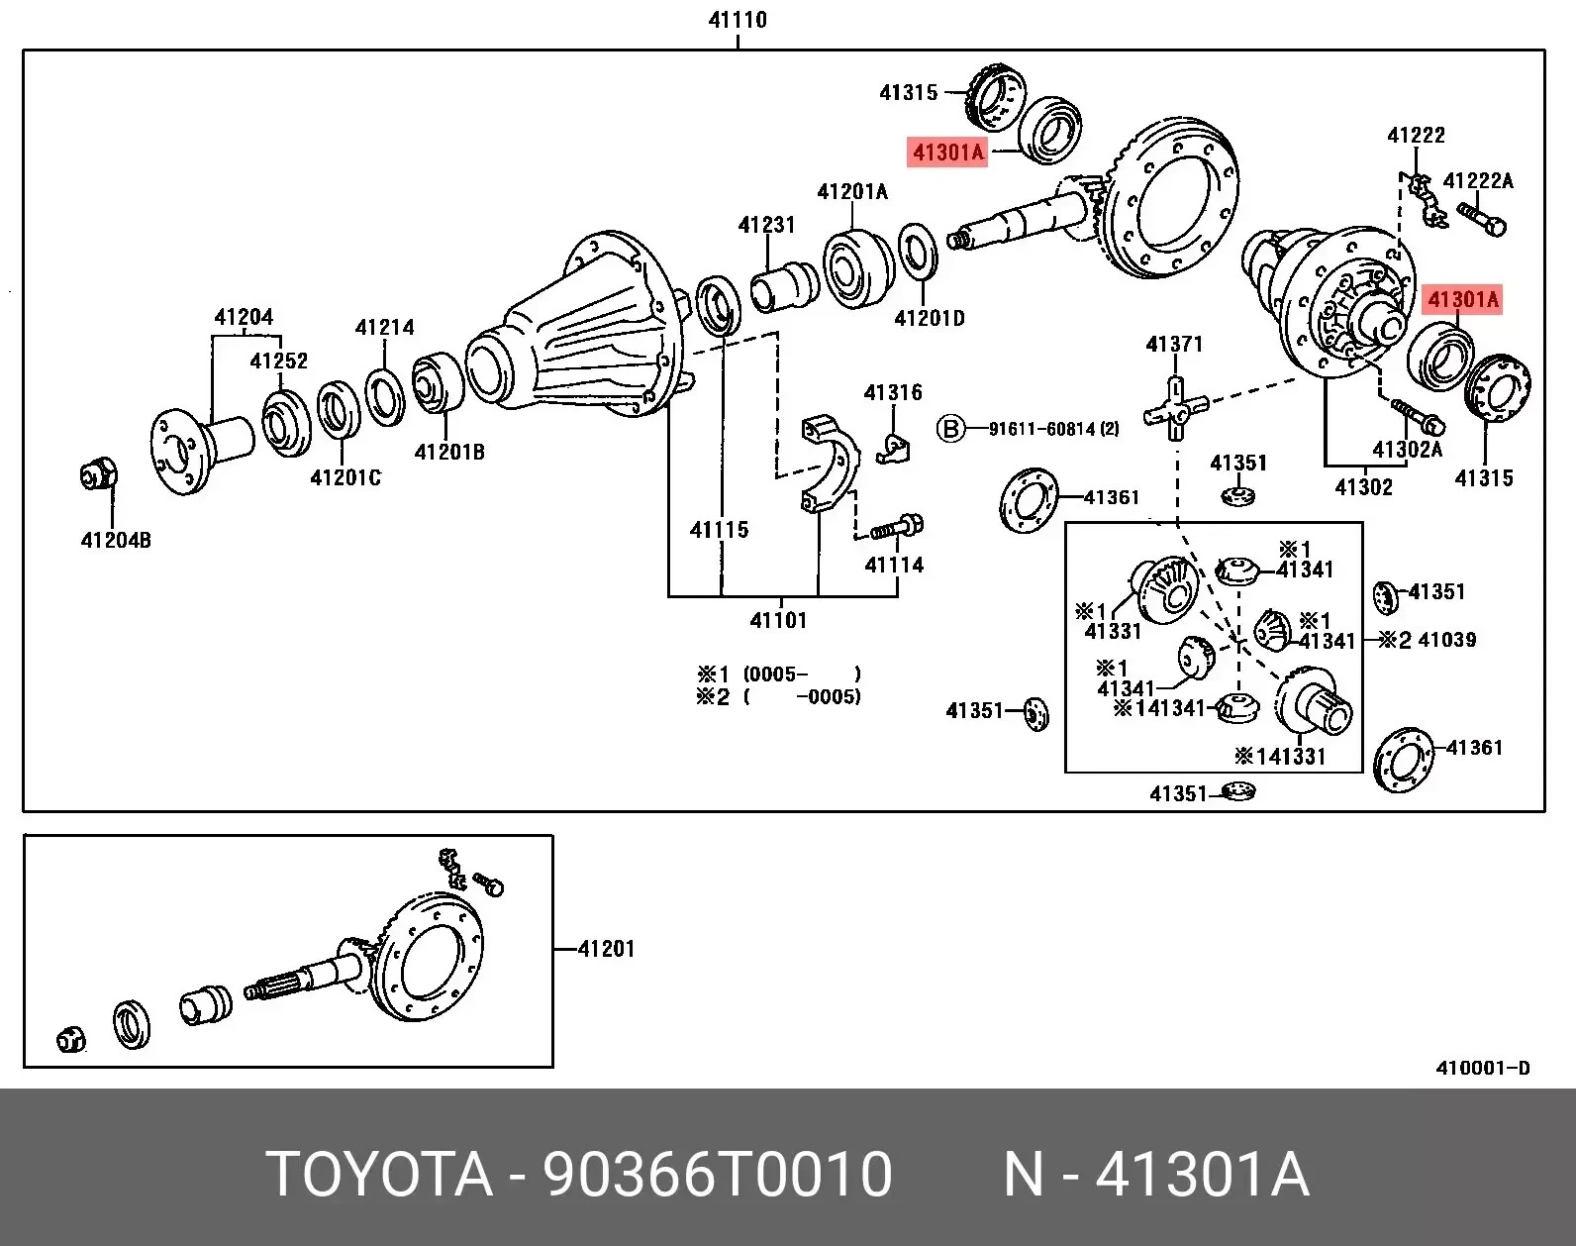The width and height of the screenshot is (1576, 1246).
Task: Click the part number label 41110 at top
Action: pos(738,20)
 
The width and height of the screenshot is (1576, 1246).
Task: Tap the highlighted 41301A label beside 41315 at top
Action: pos(948,153)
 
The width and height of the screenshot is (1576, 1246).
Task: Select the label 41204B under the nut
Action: pos(116,540)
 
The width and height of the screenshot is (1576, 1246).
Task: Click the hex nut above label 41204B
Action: pos(98,476)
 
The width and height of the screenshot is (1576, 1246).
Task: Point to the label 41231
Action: pos(766,225)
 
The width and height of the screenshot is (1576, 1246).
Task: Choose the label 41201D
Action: pos(929,318)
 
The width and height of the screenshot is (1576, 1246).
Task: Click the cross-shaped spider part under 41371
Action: pos(1175,407)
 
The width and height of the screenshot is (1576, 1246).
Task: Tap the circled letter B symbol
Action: pos(950,429)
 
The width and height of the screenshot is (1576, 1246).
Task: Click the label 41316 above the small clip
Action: pos(892,392)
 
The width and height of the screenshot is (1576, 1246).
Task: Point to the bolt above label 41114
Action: pos(898,528)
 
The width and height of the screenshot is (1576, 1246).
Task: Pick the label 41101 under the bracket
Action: pos(778,620)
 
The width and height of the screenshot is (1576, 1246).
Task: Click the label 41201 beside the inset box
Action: pos(606,948)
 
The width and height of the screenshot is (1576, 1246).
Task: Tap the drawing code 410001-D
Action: pos(1482,1068)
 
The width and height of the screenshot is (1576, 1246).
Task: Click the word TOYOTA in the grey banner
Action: pos(379,1175)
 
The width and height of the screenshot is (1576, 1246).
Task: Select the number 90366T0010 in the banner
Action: pos(718,1175)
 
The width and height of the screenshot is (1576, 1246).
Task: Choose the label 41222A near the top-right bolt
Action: pos(1478,180)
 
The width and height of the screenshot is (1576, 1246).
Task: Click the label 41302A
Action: pos(1407,449)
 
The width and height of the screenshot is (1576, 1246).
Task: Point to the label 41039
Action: pos(1446,640)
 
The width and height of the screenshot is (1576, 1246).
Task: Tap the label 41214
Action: pos(384,327)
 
